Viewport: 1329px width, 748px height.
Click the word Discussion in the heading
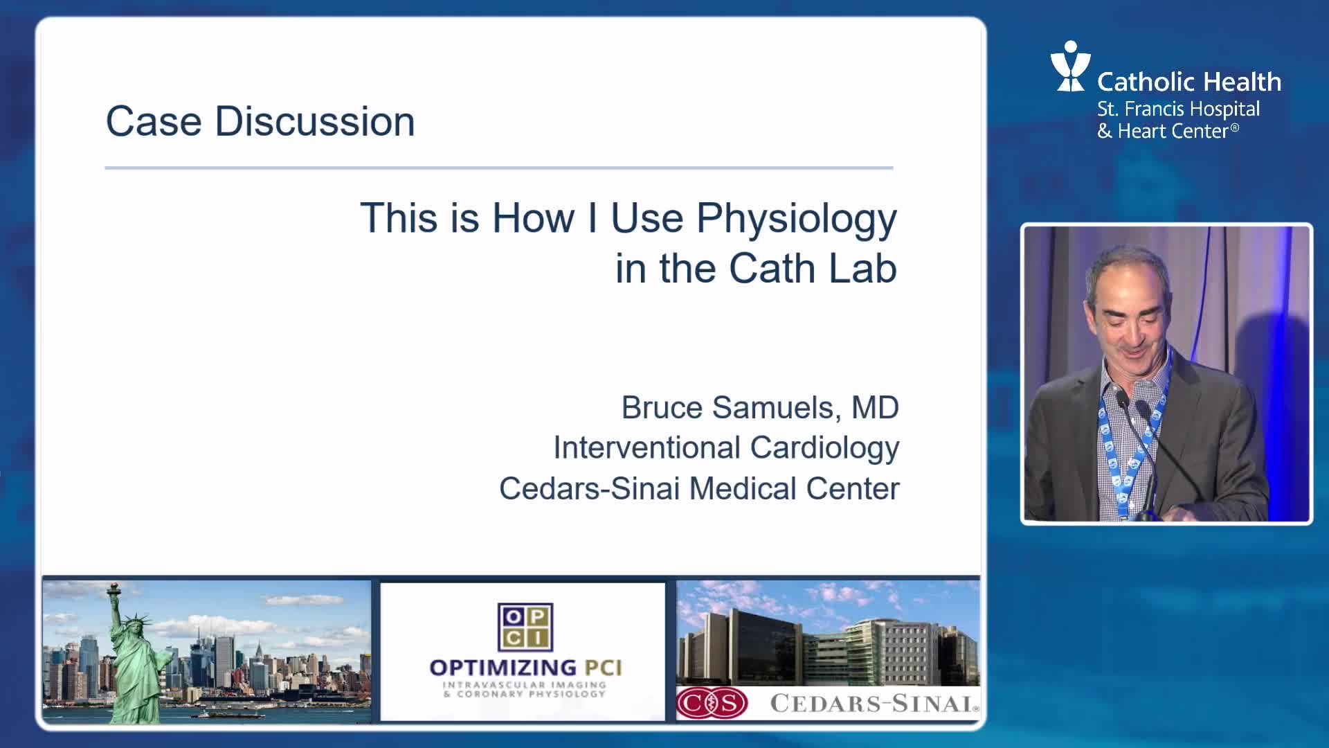click(315, 121)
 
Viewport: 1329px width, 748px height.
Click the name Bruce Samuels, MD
click(760, 407)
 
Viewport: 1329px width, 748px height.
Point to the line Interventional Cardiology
click(726, 448)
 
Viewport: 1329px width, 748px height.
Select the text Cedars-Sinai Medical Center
click(699, 488)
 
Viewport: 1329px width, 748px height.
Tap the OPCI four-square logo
click(525, 626)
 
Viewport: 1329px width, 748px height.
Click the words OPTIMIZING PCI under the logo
click(525, 668)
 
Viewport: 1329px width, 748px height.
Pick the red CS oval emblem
click(712, 704)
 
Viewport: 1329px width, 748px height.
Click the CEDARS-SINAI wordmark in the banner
click(874, 704)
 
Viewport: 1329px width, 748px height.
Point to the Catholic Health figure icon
click(1070, 66)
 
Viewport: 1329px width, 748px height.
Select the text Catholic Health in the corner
click(1189, 82)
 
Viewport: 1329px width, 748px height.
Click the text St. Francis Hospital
click(1178, 109)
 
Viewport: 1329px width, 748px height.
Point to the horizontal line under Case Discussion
click(499, 168)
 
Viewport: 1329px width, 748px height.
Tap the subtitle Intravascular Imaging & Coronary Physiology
click(525, 689)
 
